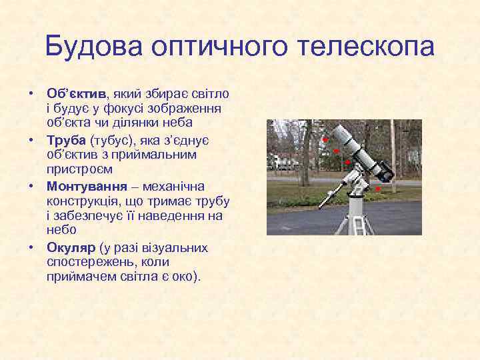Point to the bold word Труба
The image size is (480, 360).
click(66, 140)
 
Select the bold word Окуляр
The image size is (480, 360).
click(70, 248)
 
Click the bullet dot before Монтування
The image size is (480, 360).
click(31, 186)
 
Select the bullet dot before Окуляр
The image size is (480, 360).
click(31, 248)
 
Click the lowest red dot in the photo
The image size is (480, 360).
click(377, 190)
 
